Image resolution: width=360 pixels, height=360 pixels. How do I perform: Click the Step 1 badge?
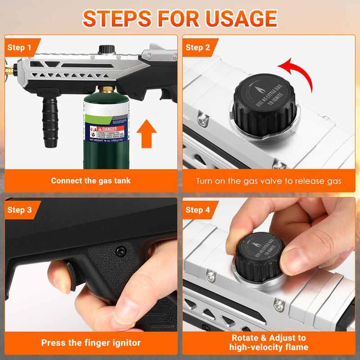[x=20, y=47]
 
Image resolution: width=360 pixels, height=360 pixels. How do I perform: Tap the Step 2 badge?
[x=198, y=47]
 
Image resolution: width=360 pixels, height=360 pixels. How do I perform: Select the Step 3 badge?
[x=20, y=210]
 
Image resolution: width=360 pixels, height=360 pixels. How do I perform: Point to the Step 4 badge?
[x=198, y=210]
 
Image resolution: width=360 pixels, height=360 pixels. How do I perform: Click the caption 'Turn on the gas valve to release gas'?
[x=268, y=181]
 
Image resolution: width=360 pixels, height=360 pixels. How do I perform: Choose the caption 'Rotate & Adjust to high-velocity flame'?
[x=268, y=342]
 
